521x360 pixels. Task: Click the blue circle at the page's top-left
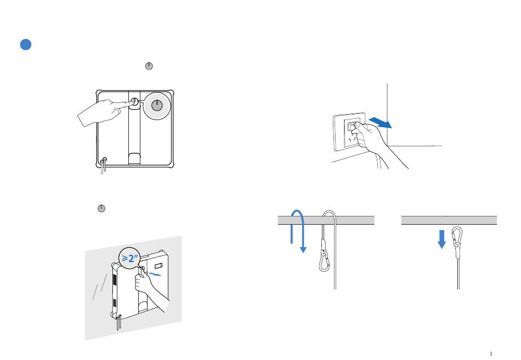25,45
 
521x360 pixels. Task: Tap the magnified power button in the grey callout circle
157,106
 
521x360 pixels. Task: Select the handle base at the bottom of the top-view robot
134,159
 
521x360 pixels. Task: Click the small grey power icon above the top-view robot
149,66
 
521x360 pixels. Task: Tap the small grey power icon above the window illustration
101,208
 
